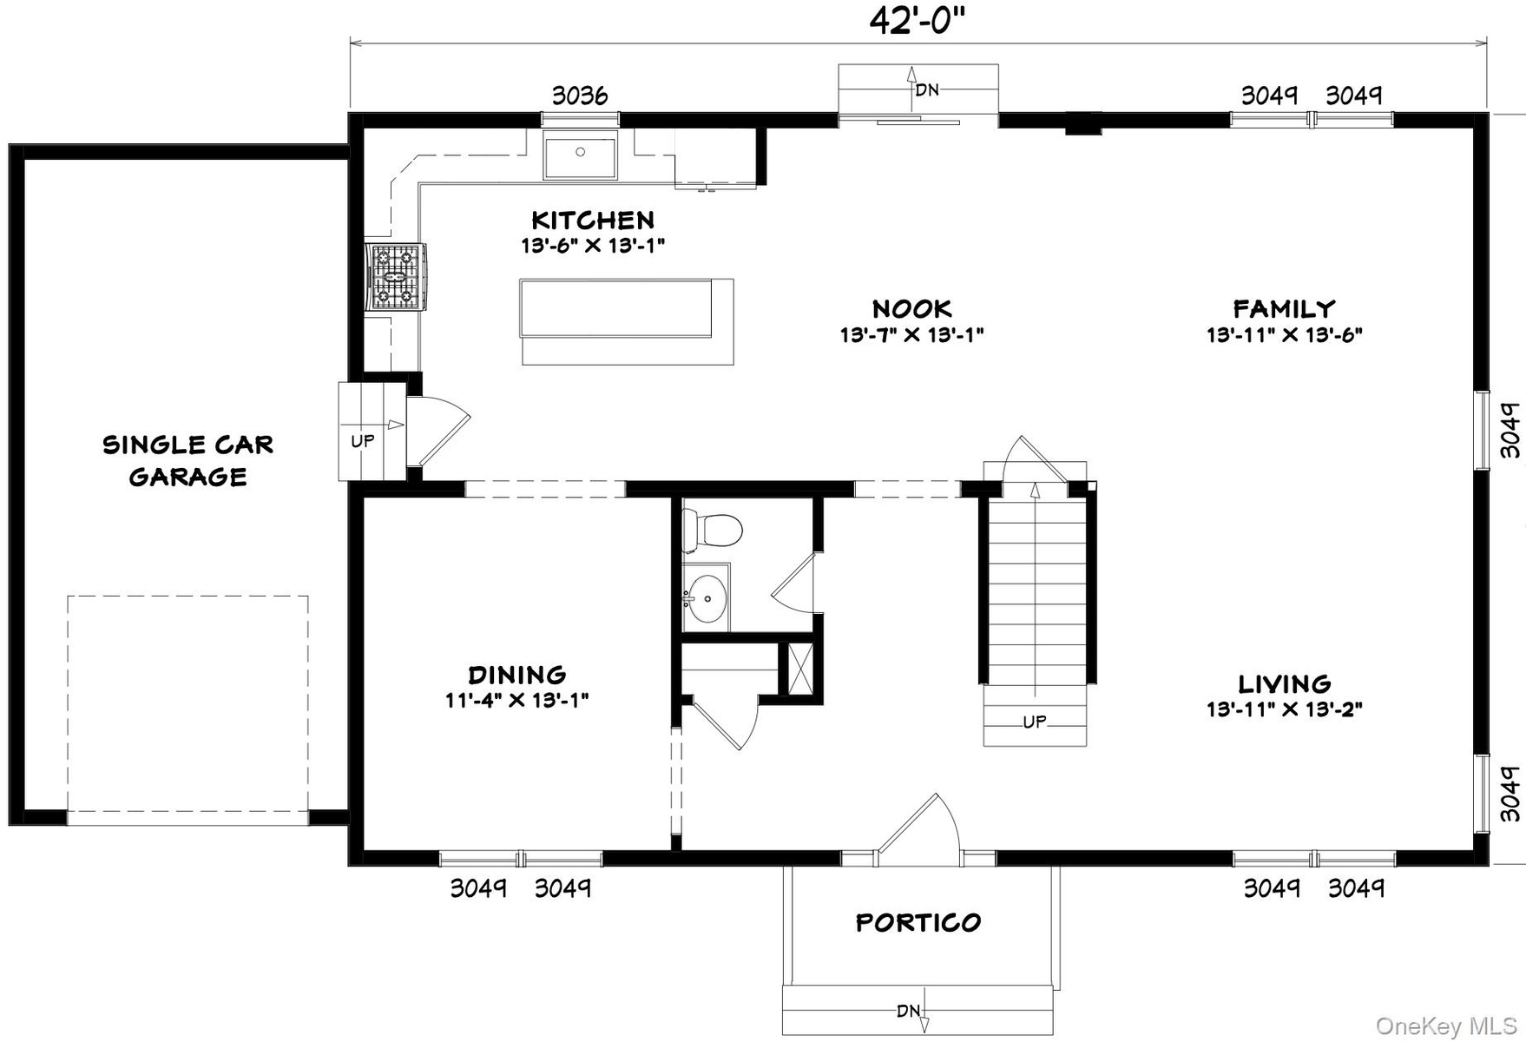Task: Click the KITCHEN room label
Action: click(x=593, y=220)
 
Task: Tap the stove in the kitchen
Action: click(x=398, y=276)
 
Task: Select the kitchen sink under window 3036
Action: click(x=581, y=155)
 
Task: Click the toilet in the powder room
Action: click(x=712, y=529)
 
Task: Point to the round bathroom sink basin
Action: click(x=707, y=598)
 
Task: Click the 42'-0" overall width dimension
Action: click(x=917, y=22)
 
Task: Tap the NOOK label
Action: click(x=911, y=309)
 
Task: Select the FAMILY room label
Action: click(x=1284, y=309)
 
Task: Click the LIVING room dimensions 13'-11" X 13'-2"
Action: click(x=1284, y=709)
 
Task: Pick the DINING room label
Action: click(x=517, y=675)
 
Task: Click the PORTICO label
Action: click(x=918, y=922)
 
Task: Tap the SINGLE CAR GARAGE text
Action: click(x=188, y=460)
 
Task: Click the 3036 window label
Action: click(x=580, y=96)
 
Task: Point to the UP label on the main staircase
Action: click(x=1035, y=722)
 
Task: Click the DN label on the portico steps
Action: click(x=909, y=1011)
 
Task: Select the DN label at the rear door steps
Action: click(x=927, y=89)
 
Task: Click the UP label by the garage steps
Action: click(x=363, y=441)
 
